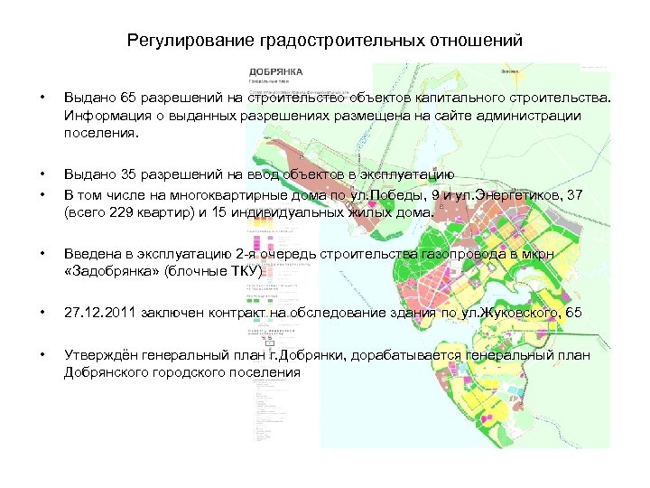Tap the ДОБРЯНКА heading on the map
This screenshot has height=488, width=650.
[276, 71]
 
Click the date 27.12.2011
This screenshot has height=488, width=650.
[102, 313]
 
